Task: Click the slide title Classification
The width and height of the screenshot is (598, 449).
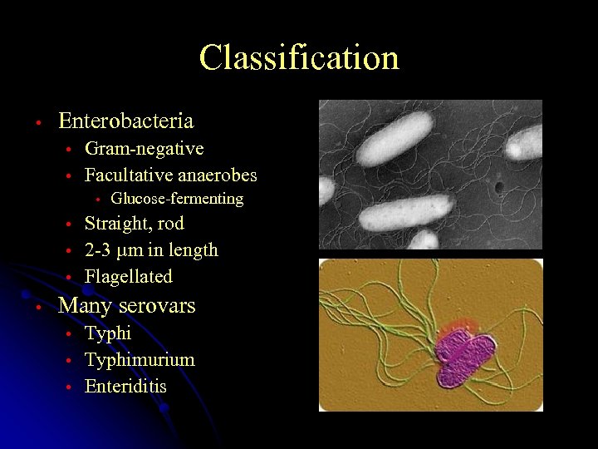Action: pos(299,58)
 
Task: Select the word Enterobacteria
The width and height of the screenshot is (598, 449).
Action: pos(126,121)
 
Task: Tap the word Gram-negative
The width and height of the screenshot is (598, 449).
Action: pos(145,149)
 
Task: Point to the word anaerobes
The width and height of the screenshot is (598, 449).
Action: pos(222,175)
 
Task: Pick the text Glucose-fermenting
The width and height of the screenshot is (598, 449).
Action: pos(177,199)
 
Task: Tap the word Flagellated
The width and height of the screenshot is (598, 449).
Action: pos(129,277)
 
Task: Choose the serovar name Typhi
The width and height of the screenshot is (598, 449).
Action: pos(108,333)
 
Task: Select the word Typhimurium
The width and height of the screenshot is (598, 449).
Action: pos(140,360)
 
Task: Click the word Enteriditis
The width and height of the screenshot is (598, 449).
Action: pos(125,387)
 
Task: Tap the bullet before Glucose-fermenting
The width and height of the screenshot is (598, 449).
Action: pos(97,200)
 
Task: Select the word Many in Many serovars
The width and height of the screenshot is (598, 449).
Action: pos(86,306)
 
